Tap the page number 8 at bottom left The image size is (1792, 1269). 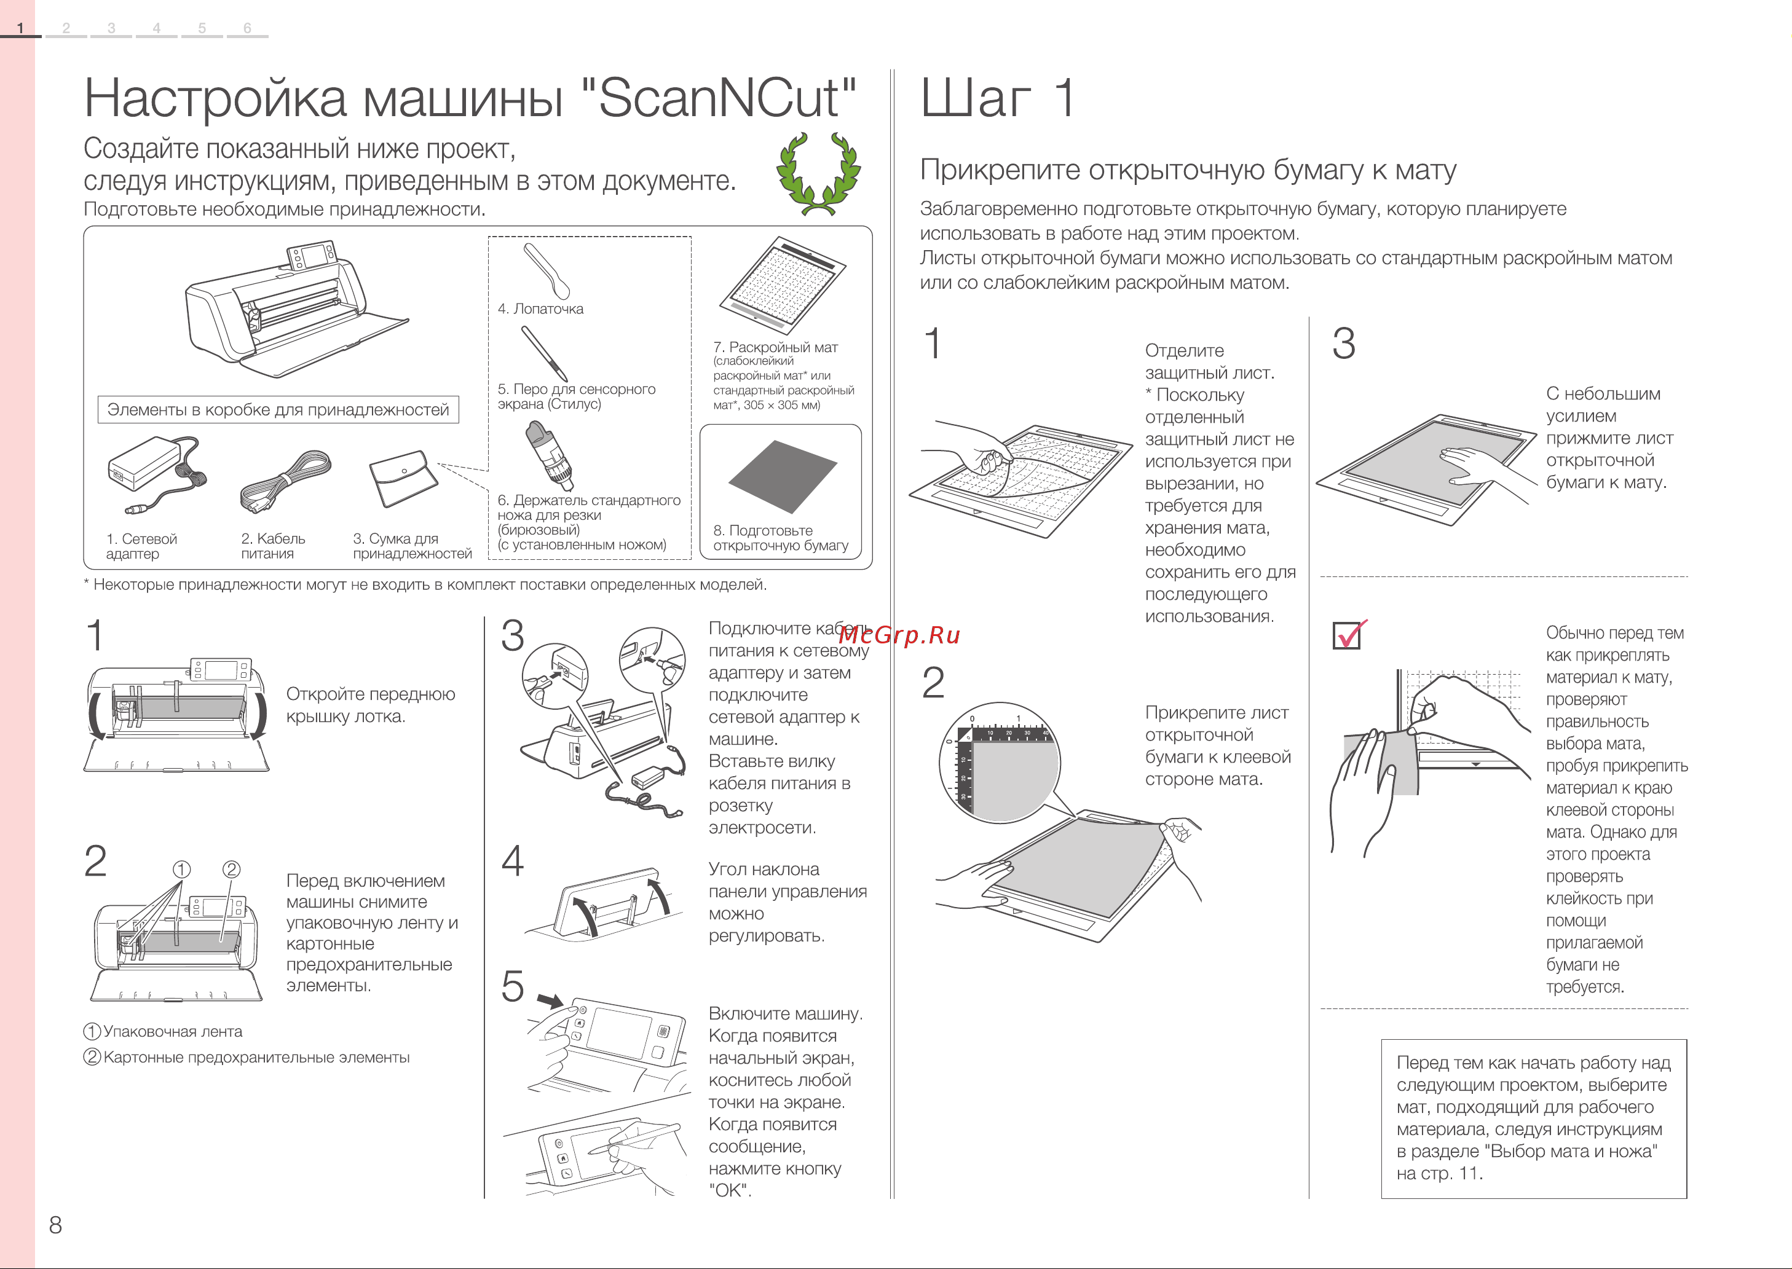point(55,1225)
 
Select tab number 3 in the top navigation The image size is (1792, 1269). point(111,28)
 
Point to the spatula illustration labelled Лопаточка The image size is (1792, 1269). point(547,270)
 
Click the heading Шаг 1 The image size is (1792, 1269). point(998,98)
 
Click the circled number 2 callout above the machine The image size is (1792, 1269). point(231,869)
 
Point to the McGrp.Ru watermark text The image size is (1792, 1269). point(899,635)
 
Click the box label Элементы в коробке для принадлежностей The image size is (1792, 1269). point(278,409)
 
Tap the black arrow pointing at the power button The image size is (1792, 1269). point(550,1001)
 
